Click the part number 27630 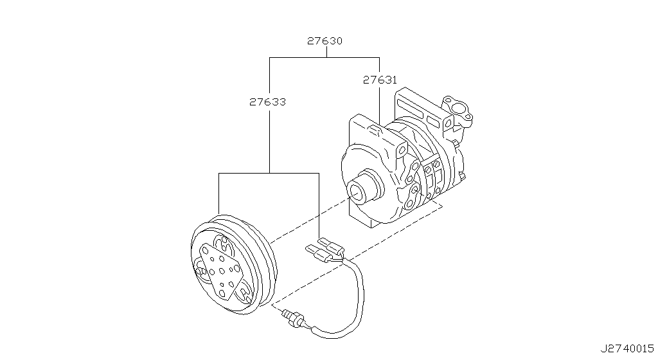(x=324, y=40)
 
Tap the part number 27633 (x=268, y=102)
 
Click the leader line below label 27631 (x=379, y=103)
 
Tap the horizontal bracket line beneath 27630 (x=324, y=57)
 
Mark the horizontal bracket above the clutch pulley (x=269, y=174)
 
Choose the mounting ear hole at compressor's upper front (x=402, y=150)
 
